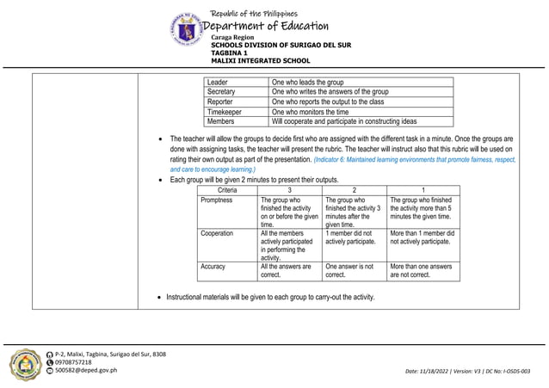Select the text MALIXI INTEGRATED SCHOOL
(260, 62)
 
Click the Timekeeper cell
(225, 112)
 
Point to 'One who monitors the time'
(310, 112)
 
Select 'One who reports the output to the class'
(328, 102)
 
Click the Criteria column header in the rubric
(227, 189)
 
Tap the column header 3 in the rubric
(289, 189)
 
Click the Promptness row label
(217, 200)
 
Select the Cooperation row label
(217, 233)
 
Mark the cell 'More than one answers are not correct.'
(423, 272)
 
